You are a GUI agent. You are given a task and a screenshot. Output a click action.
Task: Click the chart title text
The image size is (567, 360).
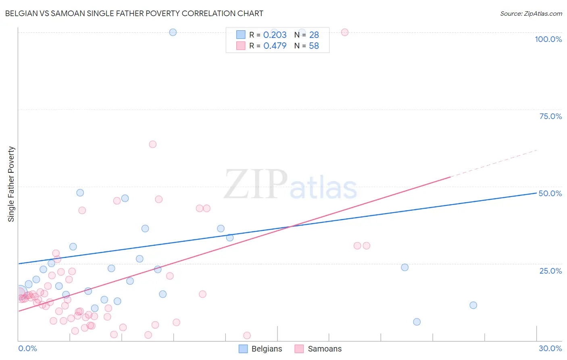[134, 13]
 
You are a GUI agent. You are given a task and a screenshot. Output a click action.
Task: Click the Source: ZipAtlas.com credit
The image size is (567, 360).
[531, 13]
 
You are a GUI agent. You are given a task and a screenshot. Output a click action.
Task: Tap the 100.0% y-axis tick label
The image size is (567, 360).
[548, 39]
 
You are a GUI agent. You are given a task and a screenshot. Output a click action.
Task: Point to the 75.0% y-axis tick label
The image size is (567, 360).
[550, 116]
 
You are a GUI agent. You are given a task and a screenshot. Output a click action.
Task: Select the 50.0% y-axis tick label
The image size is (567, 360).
[550, 193]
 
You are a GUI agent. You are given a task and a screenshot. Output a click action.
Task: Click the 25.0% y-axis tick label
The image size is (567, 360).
[550, 271]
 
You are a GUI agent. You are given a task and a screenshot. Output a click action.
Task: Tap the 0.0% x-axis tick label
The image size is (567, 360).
[27, 348]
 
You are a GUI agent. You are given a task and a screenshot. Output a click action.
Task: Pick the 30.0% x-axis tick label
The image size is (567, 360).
[550, 348]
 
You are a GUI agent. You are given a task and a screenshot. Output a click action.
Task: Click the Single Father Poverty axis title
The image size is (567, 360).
[11, 184]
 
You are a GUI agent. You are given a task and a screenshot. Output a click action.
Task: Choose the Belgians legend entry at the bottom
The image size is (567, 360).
[260, 349]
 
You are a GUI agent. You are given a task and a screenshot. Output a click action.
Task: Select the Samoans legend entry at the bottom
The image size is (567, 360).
[318, 349]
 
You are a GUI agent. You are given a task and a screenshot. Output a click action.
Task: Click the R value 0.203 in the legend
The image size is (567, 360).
[275, 35]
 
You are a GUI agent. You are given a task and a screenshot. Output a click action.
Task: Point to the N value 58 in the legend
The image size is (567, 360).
[314, 46]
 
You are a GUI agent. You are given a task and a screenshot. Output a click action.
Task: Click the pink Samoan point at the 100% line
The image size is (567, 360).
[345, 32]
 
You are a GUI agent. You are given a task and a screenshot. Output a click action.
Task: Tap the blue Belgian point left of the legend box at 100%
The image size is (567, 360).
[173, 32]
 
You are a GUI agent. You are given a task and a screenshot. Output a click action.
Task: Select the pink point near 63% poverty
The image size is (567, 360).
[152, 144]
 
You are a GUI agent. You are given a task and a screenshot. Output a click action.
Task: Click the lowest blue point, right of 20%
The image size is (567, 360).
[417, 322]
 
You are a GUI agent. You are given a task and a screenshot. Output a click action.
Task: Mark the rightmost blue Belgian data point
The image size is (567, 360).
[473, 305]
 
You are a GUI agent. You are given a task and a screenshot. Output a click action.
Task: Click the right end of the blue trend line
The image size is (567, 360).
[536, 193]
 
